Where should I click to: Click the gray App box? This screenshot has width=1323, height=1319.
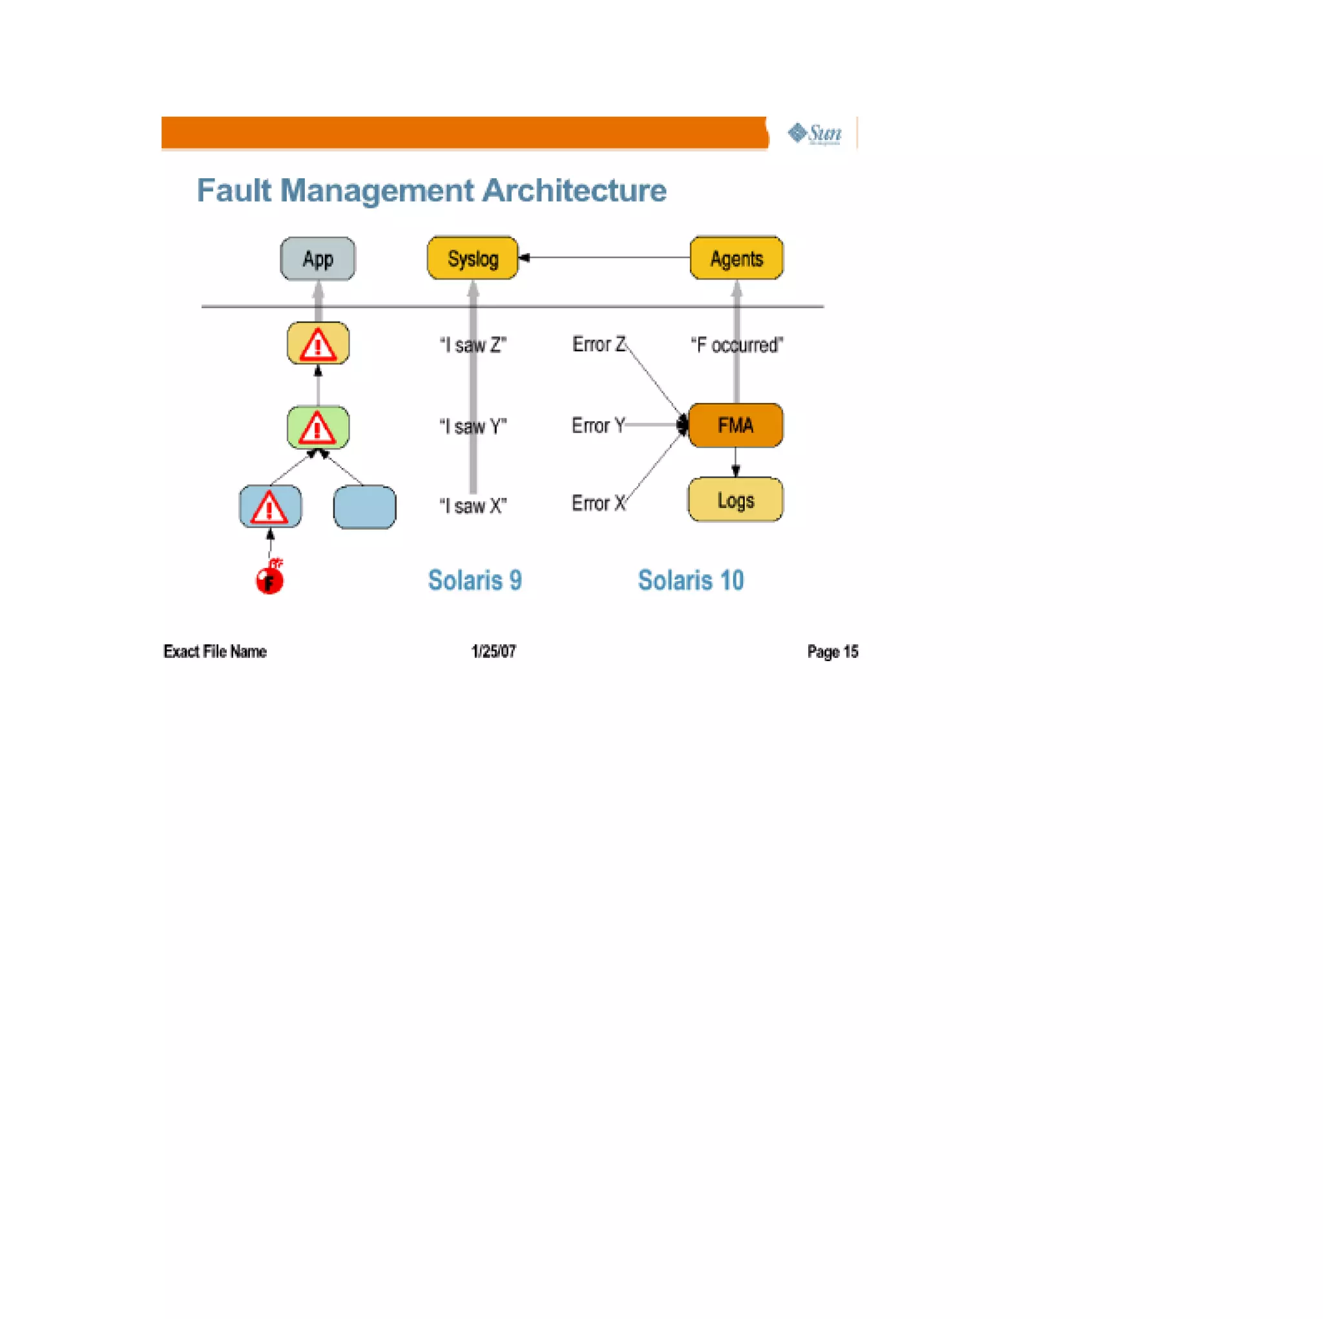pyautogui.click(x=318, y=259)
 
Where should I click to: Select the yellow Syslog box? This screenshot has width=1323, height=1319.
pyautogui.click(x=472, y=258)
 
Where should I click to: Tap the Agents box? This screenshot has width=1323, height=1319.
pyautogui.click(x=736, y=258)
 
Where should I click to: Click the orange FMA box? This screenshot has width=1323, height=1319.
pyautogui.click(x=735, y=425)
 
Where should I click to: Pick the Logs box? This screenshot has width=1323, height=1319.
pyautogui.click(x=735, y=500)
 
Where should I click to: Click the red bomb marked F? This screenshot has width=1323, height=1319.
pyautogui.click(x=270, y=580)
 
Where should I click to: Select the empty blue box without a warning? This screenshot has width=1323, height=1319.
pyautogui.click(x=364, y=507)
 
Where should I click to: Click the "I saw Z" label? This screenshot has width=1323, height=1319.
pyautogui.click(x=472, y=345)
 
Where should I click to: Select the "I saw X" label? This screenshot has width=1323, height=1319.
pyautogui.click(x=472, y=506)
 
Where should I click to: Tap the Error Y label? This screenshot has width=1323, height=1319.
pyautogui.click(x=598, y=425)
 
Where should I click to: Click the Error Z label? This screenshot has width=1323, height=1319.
pyautogui.click(x=598, y=344)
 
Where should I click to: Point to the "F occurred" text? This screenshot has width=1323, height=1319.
pyautogui.click(x=737, y=345)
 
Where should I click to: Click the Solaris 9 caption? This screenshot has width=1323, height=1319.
pyautogui.click(x=475, y=580)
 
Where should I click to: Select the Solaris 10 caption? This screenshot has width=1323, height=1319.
pyautogui.click(x=691, y=580)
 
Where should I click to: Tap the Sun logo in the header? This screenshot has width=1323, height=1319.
pyautogui.click(x=815, y=134)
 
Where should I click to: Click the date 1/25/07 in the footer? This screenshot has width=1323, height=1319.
pyautogui.click(x=493, y=651)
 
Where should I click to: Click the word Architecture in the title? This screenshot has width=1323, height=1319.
pyautogui.click(x=574, y=190)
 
